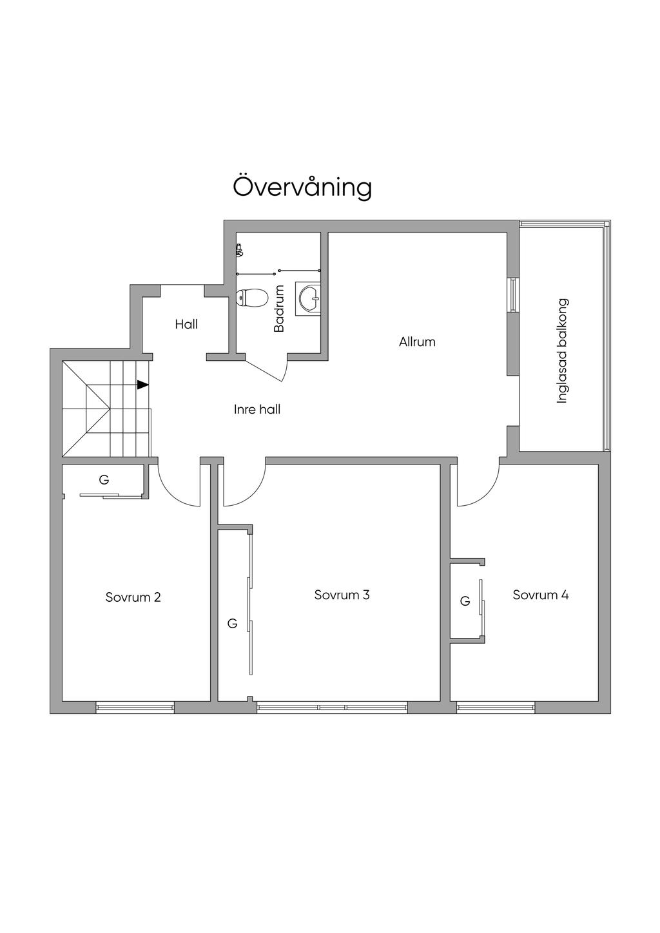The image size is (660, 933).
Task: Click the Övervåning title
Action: [302, 188]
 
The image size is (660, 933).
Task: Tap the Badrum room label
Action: [278, 309]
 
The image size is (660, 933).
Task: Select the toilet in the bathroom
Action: [251, 298]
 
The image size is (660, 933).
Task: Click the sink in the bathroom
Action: [308, 298]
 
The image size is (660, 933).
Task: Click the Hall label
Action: [186, 325]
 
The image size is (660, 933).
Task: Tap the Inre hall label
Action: [257, 409]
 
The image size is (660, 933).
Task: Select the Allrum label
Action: [417, 342]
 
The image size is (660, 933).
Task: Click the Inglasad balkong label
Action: [562, 351]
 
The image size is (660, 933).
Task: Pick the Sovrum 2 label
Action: [133, 597]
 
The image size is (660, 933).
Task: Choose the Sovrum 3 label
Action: [342, 595]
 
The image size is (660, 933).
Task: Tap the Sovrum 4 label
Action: [540, 595]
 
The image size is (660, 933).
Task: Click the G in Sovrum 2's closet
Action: [104, 480]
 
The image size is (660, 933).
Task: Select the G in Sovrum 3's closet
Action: [233, 624]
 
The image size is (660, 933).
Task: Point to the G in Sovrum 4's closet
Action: [465, 601]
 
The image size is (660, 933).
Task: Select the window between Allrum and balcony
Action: [513, 294]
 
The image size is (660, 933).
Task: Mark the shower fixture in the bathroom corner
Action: [239, 251]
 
